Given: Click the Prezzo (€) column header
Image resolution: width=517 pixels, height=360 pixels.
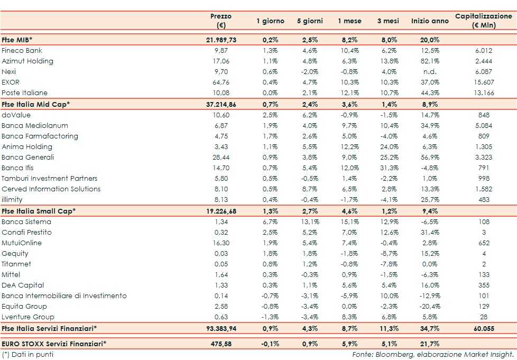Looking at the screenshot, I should [221, 21].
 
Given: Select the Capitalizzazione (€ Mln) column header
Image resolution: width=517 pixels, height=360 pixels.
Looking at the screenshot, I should [484, 21].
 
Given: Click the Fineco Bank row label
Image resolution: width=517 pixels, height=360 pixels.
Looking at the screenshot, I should [22, 51].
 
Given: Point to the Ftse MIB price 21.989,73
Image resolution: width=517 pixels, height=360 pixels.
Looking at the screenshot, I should [221, 40].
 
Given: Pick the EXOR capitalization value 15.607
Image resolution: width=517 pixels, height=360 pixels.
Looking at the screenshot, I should [484, 82].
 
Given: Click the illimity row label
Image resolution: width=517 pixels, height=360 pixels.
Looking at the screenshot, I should [13, 200].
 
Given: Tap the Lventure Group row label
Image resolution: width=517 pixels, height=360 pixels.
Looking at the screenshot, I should [28, 317].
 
